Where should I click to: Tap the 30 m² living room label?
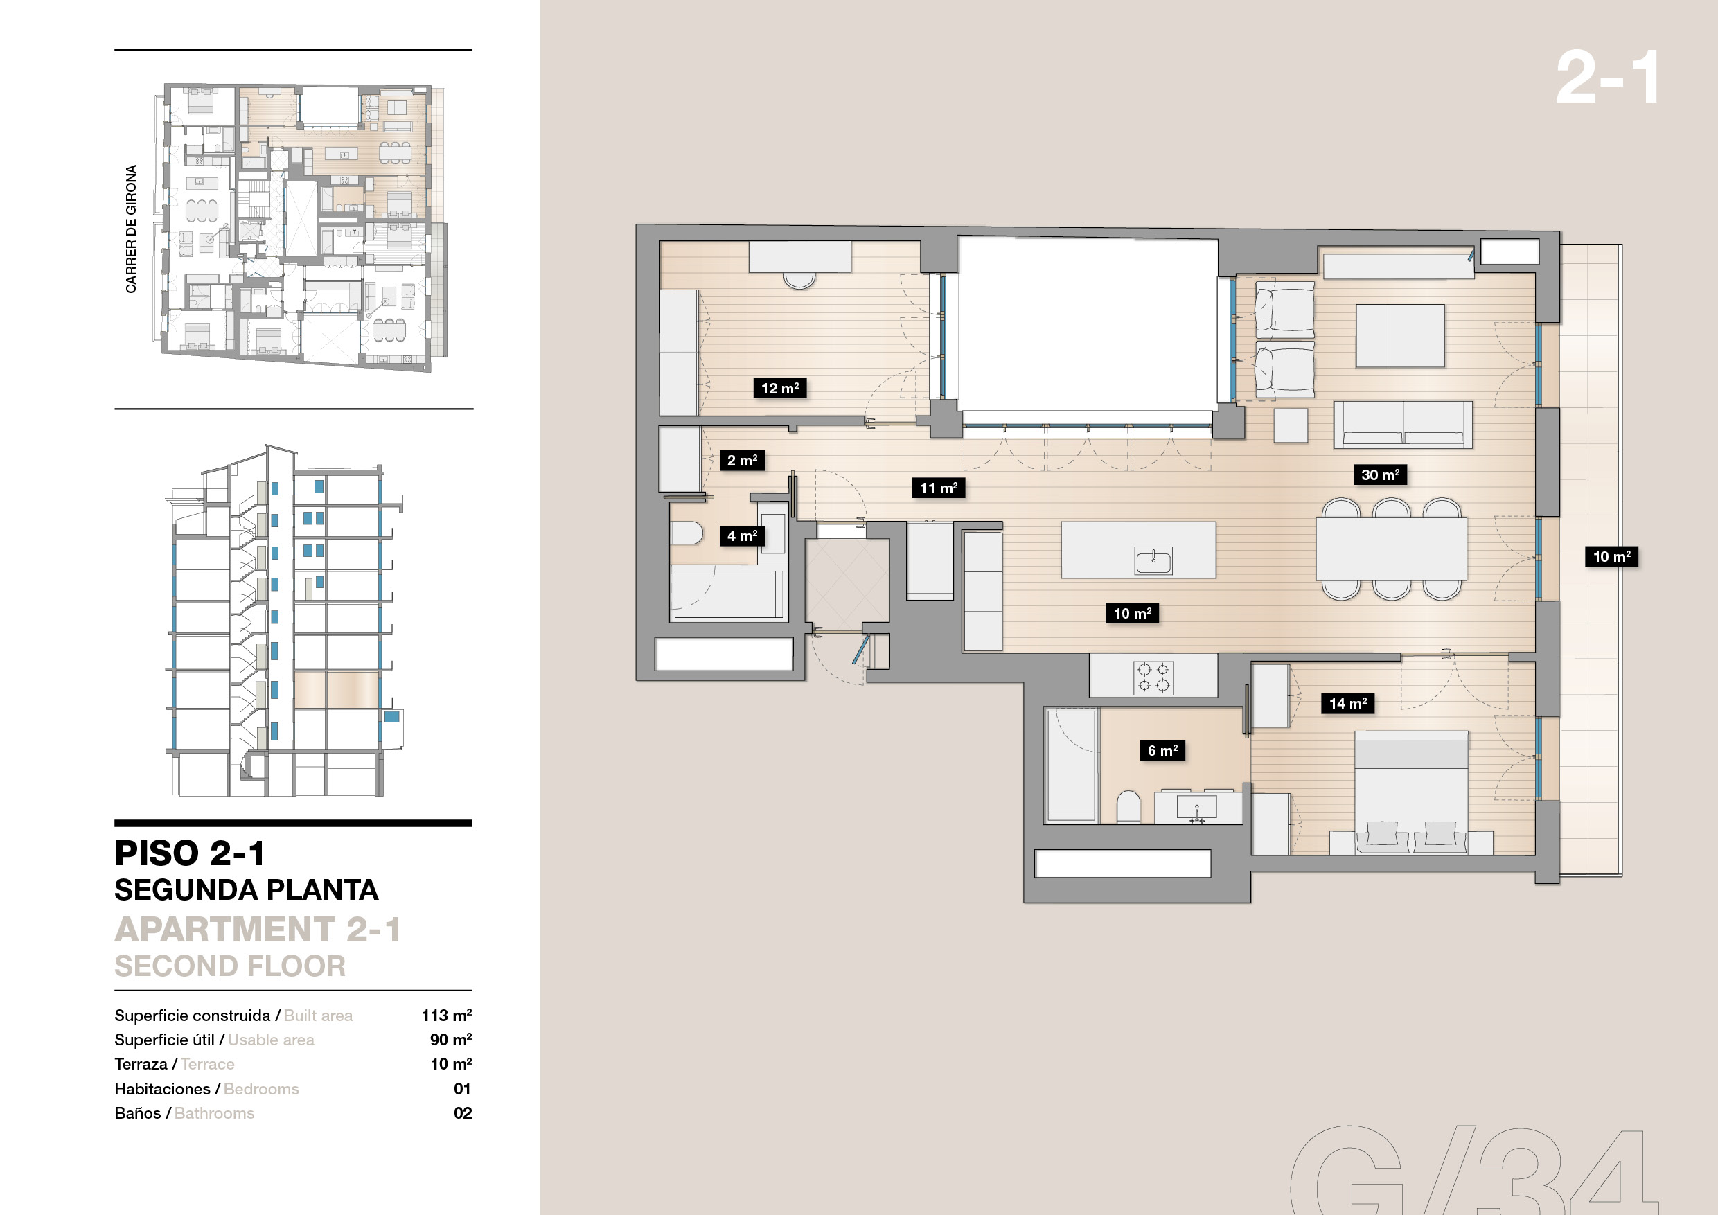tap(1380, 475)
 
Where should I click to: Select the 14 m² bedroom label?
tap(1347, 703)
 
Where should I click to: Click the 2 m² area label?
tap(742, 460)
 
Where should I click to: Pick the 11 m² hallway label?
tap(938, 488)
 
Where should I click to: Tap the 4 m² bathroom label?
tap(742, 535)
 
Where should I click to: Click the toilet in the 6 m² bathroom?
tap(1128, 808)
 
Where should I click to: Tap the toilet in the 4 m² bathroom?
tap(687, 533)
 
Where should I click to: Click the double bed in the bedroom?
tap(1410, 792)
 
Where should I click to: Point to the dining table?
tap(1391, 549)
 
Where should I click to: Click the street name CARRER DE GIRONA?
tap(131, 229)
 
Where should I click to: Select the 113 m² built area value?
tap(447, 1016)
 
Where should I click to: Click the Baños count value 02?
tap(463, 1113)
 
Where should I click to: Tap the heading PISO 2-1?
tap(189, 853)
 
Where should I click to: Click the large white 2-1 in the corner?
tap(1607, 78)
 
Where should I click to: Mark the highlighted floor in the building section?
tap(336, 690)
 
